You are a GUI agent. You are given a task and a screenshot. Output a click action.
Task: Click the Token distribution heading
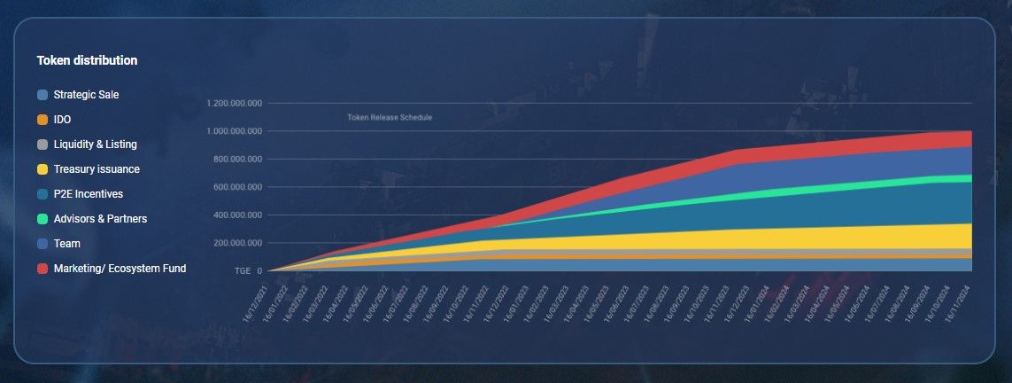click(x=87, y=60)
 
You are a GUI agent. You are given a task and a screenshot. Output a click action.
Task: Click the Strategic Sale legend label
click(x=86, y=95)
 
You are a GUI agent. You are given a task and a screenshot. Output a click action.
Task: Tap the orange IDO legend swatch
click(x=42, y=120)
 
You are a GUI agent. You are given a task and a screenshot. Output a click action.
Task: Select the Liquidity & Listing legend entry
click(x=95, y=145)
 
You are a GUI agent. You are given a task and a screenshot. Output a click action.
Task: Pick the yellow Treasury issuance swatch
click(x=42, y=169)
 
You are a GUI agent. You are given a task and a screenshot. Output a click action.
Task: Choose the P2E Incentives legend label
click(x=88, y=194)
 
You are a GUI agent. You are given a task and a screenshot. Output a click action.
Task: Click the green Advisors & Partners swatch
click(x=42, y=219)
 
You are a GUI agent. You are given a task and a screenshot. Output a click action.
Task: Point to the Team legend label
click(x=66, y=244)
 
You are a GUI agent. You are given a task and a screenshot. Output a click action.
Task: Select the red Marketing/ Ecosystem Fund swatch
click(x=42, y=269)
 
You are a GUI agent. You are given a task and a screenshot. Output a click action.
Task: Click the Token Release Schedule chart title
click(x=390, y=117)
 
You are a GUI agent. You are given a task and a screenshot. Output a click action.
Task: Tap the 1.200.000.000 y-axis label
click(x=235, y=103)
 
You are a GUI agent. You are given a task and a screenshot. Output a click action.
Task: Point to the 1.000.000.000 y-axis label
click(x=235, y=131)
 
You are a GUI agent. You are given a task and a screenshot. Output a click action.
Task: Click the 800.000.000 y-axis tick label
click(x=238, y=160)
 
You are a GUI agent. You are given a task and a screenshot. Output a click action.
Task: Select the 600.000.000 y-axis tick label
click(x=238, y=187)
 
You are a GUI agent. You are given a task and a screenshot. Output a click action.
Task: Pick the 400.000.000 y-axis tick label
click(x=238, y=215)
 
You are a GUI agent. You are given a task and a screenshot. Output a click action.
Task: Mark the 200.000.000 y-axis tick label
click(x=238, y=243)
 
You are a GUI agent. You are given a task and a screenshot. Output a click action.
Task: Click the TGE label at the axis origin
click(x=242, y=271)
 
